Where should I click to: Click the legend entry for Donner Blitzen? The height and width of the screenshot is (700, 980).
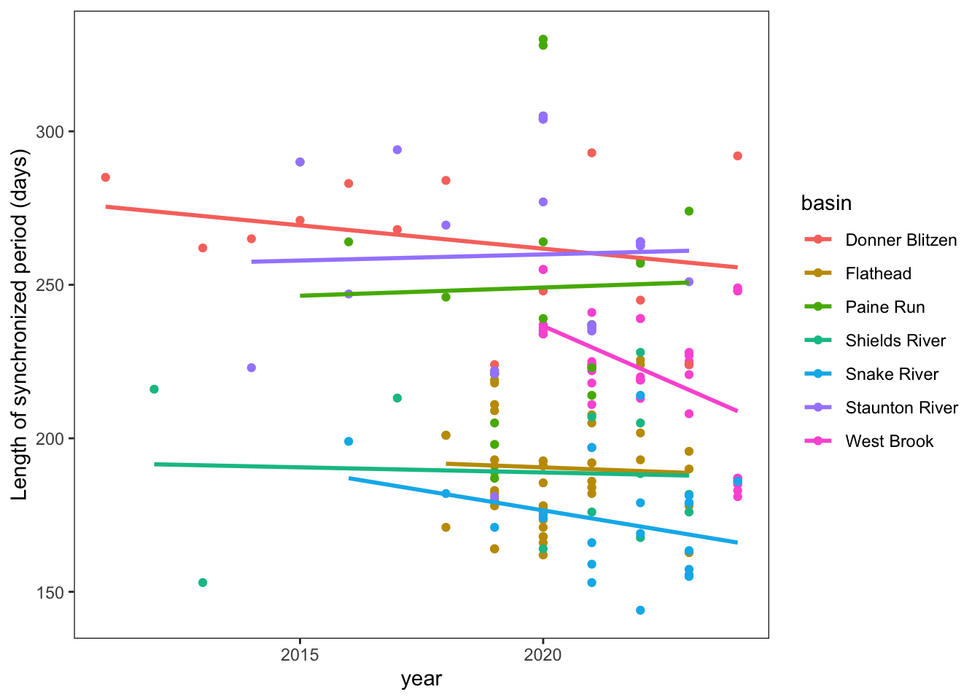click(901, 240)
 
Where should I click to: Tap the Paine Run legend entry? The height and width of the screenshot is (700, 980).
click(884, 307)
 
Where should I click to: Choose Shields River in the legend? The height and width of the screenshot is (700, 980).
click(895, 341)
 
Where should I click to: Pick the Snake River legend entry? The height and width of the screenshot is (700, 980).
click(892, 374)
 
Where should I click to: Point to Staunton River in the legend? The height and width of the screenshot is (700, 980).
click(901, 408)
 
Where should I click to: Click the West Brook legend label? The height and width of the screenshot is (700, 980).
click(889, 441)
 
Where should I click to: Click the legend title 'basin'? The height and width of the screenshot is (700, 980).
click(826, 203)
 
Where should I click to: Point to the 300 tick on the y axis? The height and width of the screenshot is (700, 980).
click(51, 132)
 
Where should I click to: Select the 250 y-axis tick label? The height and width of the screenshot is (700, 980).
click(51, 285)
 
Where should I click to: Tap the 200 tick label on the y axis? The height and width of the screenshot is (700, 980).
click(51, 439)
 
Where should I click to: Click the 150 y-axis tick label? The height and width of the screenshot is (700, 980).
click(51, 592)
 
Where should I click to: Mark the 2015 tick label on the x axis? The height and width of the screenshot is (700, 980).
click(300, 655)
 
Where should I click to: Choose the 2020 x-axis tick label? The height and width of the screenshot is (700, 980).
click(542, 655)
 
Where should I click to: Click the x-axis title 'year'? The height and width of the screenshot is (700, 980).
click(421, 680)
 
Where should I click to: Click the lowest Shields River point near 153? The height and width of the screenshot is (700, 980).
click(203, 583)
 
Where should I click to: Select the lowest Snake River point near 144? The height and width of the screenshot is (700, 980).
click(640, 610)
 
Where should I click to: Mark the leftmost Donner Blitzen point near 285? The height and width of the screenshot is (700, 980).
click(106, 177)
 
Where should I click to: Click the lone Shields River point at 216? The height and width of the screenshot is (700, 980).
click(154, 389)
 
